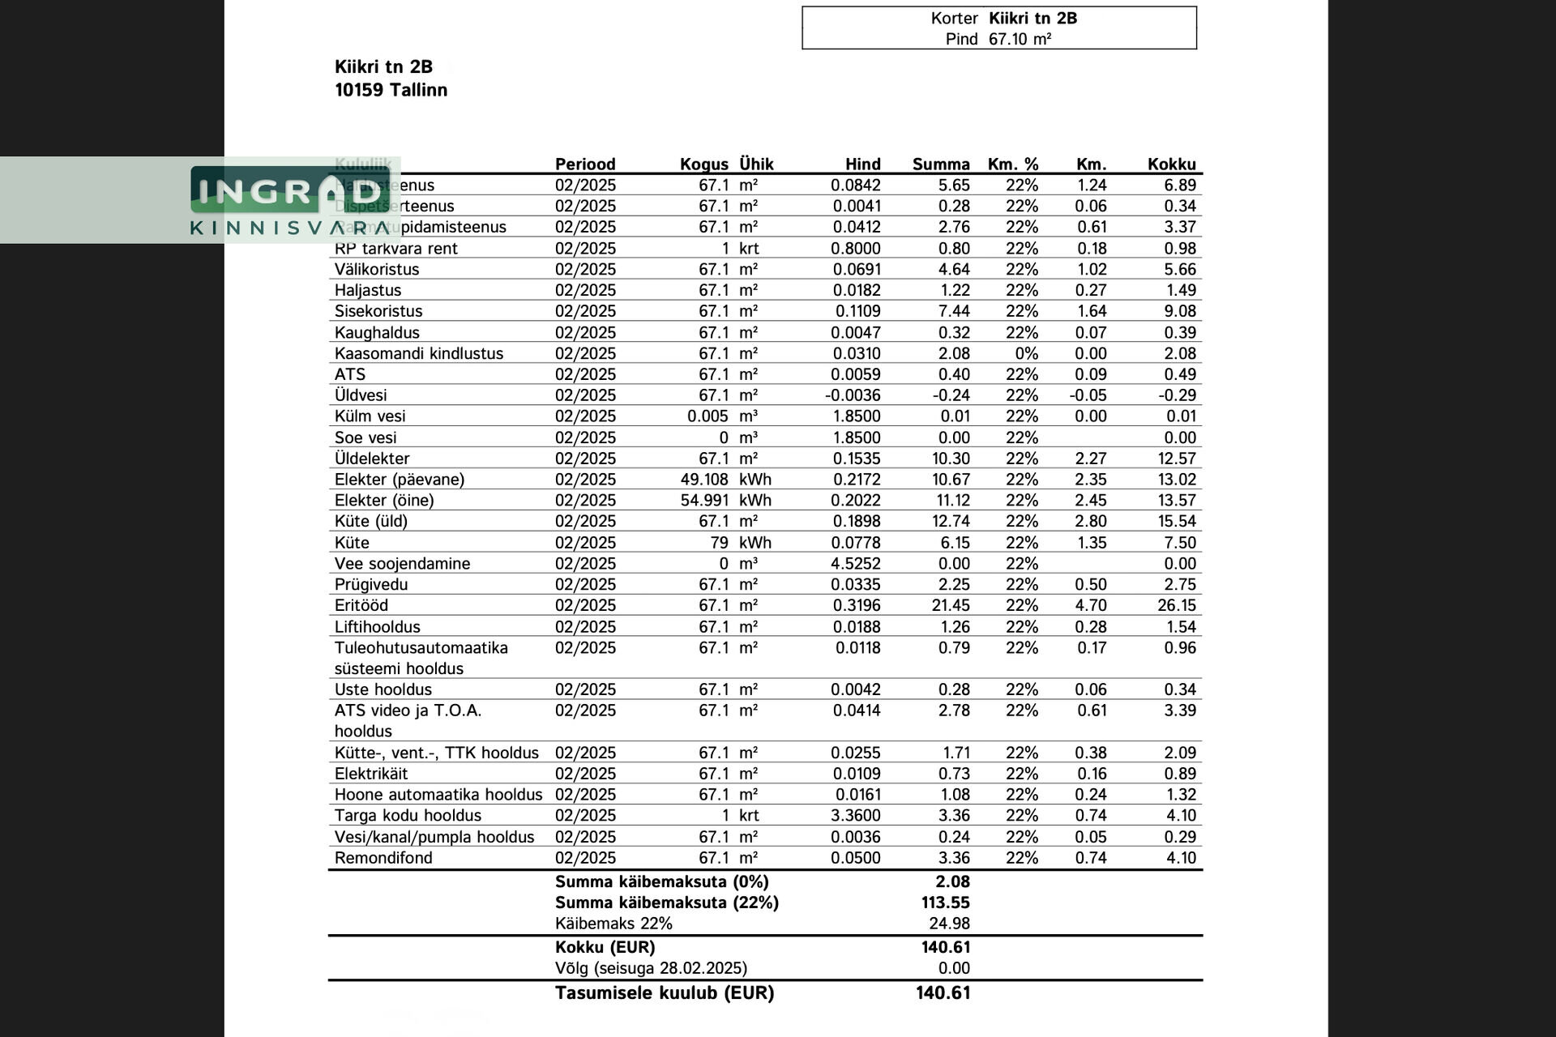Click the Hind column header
[x=862, y=164]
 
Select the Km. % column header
[x=1012, y=164]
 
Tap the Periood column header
[x=585, y=164]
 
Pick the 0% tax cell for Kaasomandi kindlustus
[x=1026, y=353]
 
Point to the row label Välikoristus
[x=377, y=269]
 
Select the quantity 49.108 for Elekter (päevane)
[x=703, y=480]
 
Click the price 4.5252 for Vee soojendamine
[x=857, y=563]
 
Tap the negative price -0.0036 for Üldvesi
[x=853, y=395]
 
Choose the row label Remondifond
[x=383, y=858]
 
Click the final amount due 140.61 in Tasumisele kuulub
[x=943, y=993]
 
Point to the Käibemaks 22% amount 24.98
[x=949, y=924]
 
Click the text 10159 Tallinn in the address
[x=391, y=90]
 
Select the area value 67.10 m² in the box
[x=1020, y=39]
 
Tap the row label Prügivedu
[x=371, y=584]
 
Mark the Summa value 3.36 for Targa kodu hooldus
[x=954, y=816]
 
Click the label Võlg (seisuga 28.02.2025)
[x=651, y=968]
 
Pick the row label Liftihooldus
[x=377, y=626]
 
